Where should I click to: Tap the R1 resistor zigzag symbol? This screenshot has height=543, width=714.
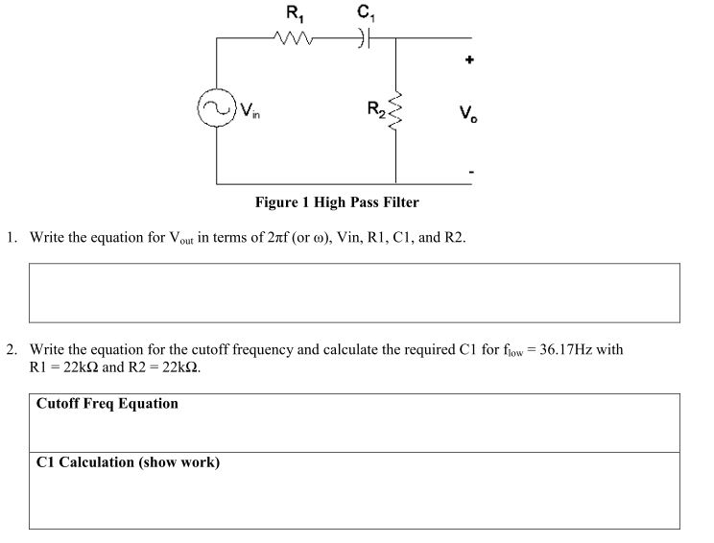(290, 38)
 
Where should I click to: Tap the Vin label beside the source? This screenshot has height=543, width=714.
(250, 109)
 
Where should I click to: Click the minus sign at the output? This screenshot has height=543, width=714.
(470, 173)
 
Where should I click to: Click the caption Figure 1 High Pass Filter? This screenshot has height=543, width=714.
(337, 202)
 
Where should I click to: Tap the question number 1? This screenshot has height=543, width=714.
(12, 237)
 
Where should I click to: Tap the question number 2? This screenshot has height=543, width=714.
(12, 350)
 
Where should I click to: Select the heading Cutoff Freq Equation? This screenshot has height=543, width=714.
(107, 404)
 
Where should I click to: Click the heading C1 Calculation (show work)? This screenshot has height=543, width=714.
(128, 462)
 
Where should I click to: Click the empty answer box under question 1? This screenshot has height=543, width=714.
(354, 293)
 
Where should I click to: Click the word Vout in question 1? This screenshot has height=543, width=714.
(181, 238)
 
